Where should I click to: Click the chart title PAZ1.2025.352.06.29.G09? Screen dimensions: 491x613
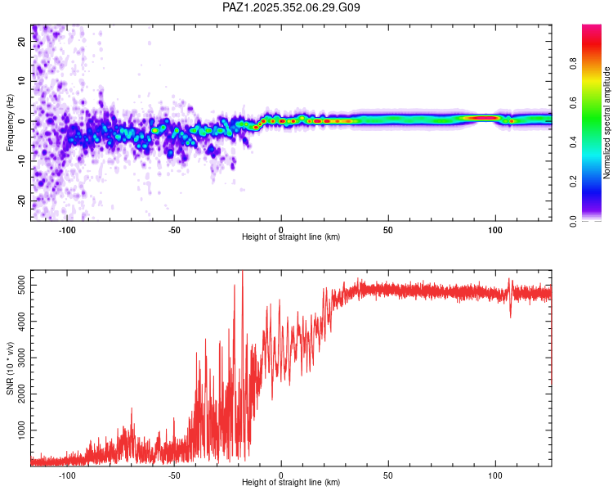tap(291, 7)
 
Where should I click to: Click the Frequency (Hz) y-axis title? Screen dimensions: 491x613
tap(10, 123)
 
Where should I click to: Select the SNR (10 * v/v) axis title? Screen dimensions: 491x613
tap(10, 368)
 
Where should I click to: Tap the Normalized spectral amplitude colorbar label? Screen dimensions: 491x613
tap(607, 123)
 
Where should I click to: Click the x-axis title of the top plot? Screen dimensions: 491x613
tap(291, 236)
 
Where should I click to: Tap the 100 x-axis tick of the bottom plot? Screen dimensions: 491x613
tap(494, 475)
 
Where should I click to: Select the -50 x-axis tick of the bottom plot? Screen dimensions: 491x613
tap(174, 475)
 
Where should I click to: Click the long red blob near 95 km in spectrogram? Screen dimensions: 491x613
tap(482, 118)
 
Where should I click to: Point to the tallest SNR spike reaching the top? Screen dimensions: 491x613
tap(242, 273)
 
